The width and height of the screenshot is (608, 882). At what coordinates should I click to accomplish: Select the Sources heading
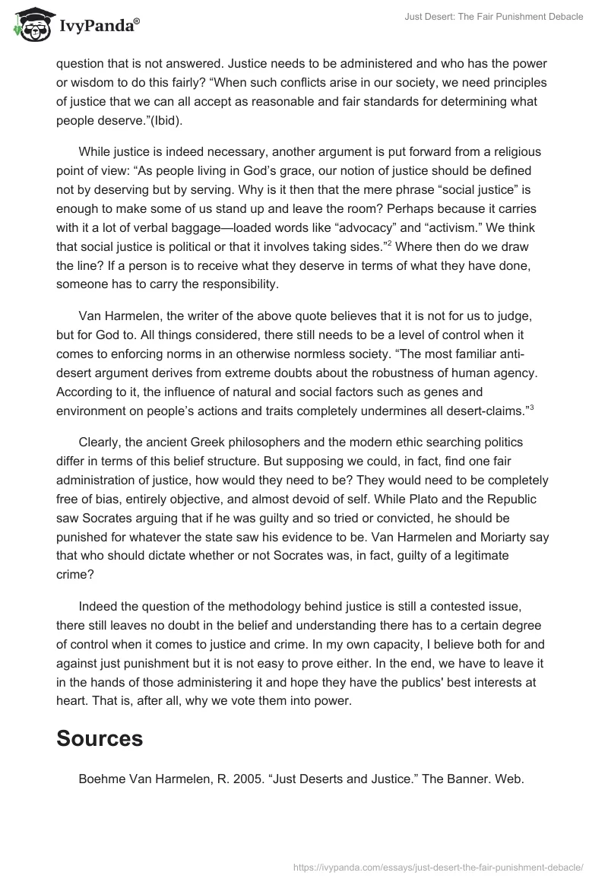100,738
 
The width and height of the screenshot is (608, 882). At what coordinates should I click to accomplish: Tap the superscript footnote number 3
530,406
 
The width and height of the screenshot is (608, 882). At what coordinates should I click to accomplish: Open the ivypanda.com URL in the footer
438,866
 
